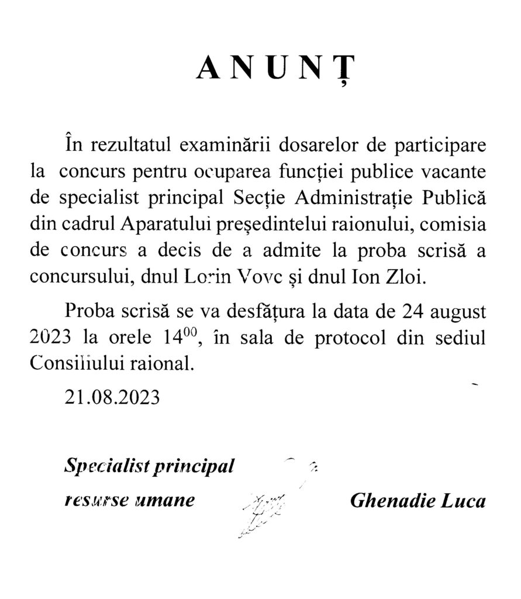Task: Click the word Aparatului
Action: (172, 225)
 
